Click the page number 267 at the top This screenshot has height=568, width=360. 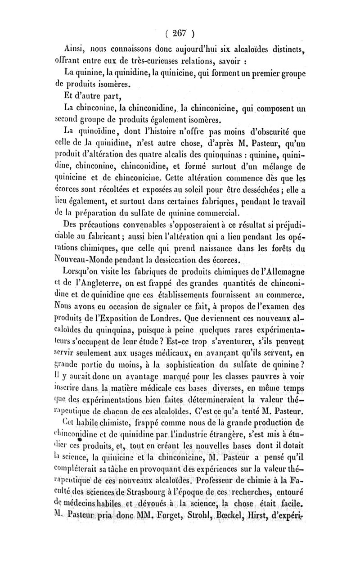coord(179,32)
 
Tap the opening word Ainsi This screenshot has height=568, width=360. coord(75,48)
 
